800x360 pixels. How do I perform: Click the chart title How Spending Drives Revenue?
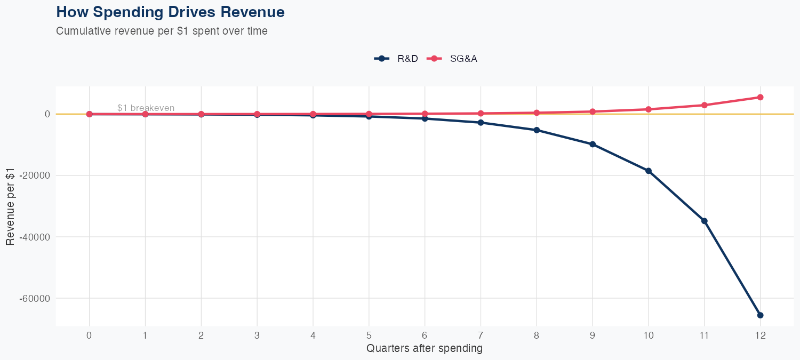[x=170, y=12]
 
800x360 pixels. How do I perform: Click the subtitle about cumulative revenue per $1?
[x=162, y=31]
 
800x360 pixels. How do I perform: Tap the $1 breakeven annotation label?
[x=146, y=108]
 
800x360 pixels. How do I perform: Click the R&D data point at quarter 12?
[x=760, y=315]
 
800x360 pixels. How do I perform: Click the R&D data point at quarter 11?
[x=704, y=221]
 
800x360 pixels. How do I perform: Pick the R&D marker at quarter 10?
[x=649, y=171]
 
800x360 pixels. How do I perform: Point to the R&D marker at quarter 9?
[x=593, y=144]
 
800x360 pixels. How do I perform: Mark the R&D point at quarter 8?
[x=537, y=130]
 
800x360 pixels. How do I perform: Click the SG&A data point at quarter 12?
[x=760, y=97]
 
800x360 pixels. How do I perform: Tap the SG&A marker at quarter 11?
[x=704, y=105]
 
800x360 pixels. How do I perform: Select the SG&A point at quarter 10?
[x=649, y=109]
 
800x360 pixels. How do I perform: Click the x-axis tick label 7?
[x=481, y=335]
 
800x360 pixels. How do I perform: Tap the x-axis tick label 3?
[x=257, y=335]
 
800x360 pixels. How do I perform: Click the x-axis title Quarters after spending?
[x=425, y=349]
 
